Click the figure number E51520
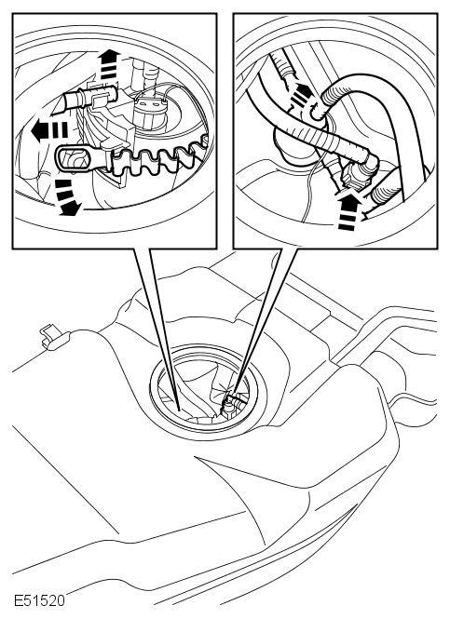[39, 600]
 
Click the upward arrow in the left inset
[108, 65]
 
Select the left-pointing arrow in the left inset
[49, 131]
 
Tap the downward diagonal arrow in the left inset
[67, 198]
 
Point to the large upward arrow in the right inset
[348, 211]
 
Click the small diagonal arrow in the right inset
[301, 94]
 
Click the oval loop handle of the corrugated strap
[78, 161]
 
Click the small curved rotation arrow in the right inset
[315, 112]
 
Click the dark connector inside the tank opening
[228, 407]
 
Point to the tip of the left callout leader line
[179, 410]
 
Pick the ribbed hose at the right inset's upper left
[285, 66]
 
